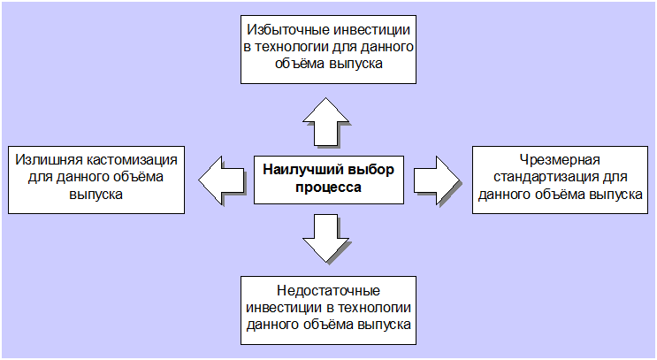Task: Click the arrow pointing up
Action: pyautogui.click(x=325, y=121)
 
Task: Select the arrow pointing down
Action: pyautogui.click(x=325, y=239)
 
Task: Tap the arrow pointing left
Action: pyautogui.click(x=221, y=180)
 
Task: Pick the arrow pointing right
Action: pyautogui.click(x=437, y=180)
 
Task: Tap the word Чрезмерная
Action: pyautogui.click(x=560, y=160)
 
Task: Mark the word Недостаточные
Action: pyautogui.click(x=329, y=290)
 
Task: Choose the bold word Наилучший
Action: pyautogui.click(x=300, y=170)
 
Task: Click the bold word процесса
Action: pyautogui.click(x=329, y=188)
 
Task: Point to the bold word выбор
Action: pyautogui.click(x=368, y=170)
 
